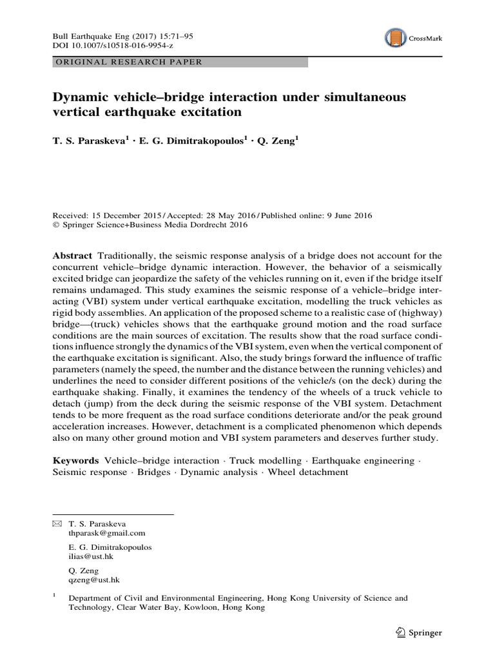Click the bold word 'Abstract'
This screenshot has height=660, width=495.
point(72,256)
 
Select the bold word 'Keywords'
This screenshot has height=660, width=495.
point(75,460)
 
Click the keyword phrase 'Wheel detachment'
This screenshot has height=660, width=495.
point(308,472)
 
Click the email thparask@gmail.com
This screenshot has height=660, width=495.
point(106,533)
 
